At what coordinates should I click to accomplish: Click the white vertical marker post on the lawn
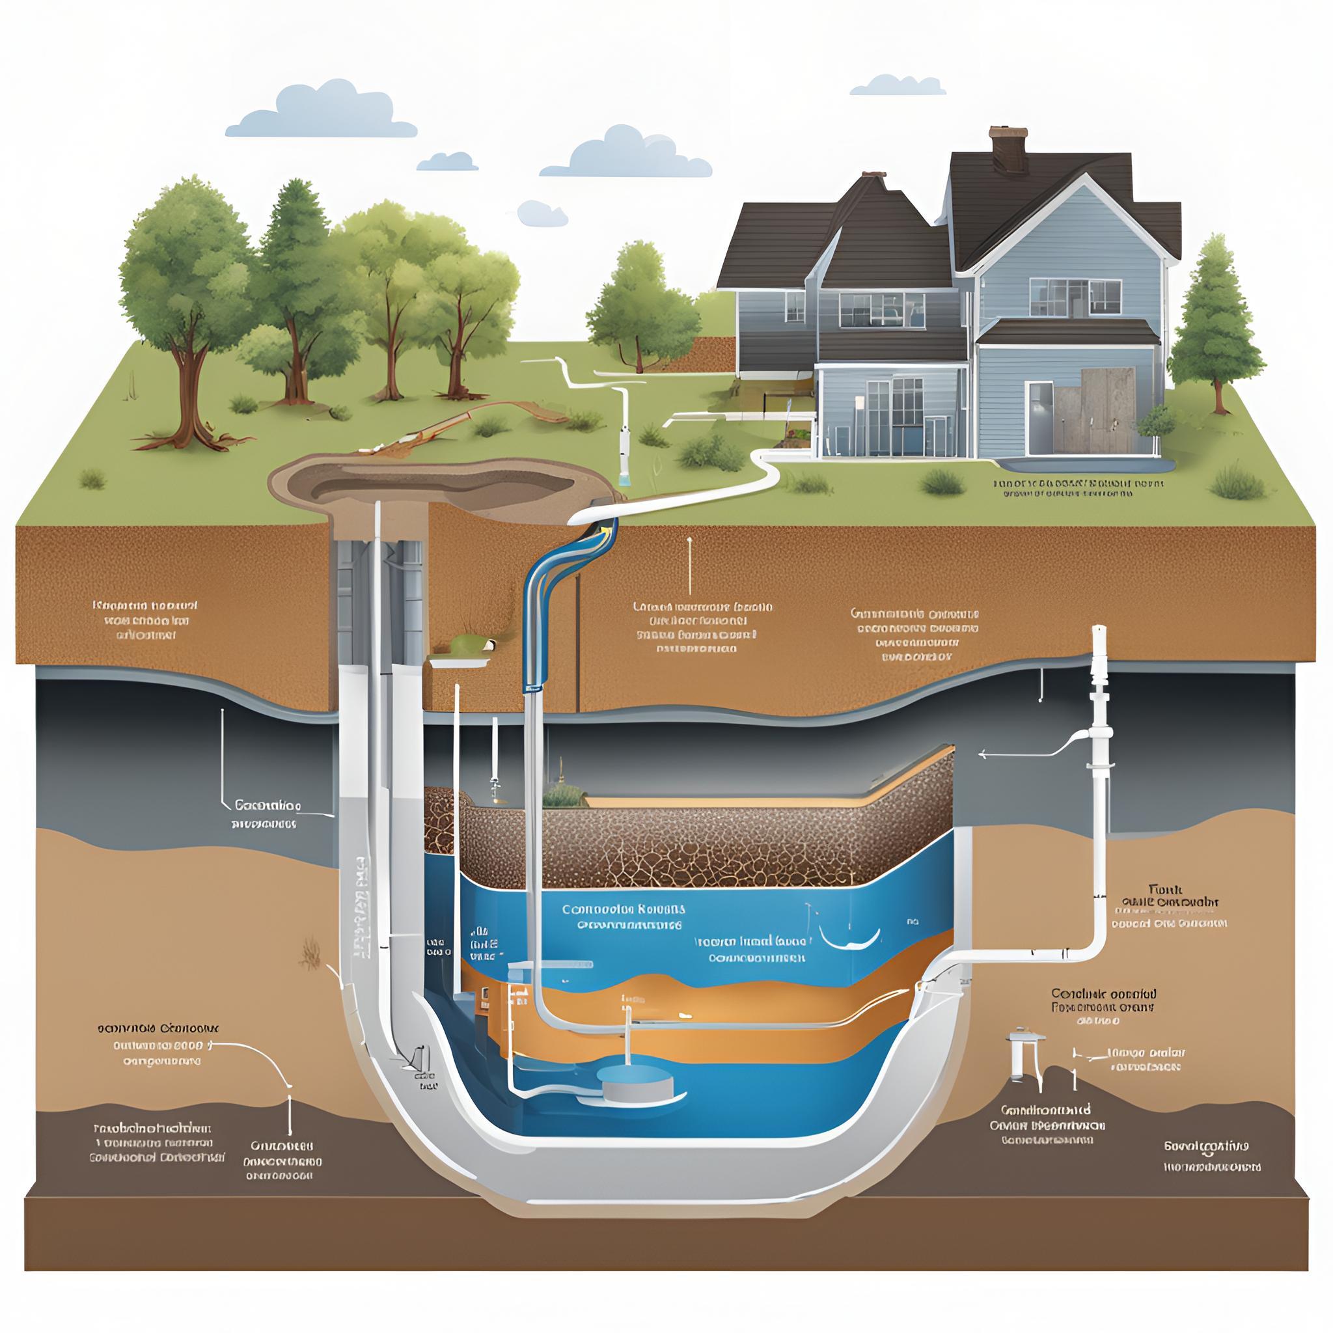click(x=624, y=428)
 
